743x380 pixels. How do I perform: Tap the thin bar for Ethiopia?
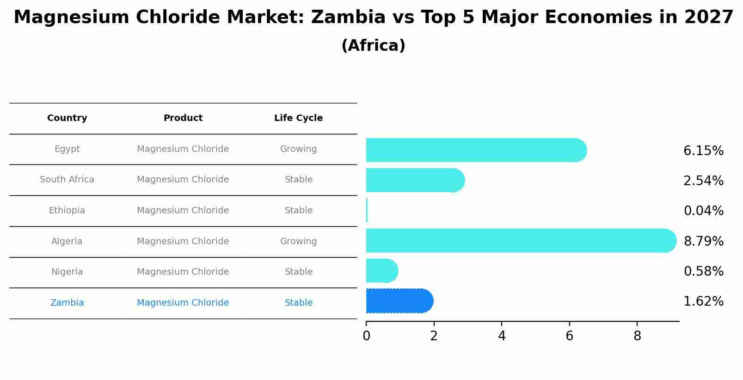[x=367, y=211]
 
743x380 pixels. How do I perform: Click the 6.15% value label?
[x=703, y=151]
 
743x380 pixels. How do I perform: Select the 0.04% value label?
[x=703, y=211]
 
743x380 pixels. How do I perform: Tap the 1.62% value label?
[x=703, y=302]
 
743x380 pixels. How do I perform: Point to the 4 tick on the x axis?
[x=502, y=336]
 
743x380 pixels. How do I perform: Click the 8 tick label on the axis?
[x=637, y=336]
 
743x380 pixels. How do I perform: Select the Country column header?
[x=67, y=118]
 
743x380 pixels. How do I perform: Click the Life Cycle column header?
[x=298, y=118]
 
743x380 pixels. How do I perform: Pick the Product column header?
[x=183, y=118]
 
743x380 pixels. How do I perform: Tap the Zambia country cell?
[x=67, y=303]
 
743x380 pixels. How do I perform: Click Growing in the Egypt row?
[x=298, y=149]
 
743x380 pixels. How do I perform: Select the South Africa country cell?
[x=67, y=180]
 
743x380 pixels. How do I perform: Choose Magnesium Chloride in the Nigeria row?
[x=183, y=272]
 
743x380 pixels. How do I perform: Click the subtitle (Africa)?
[x=373, y=46]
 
